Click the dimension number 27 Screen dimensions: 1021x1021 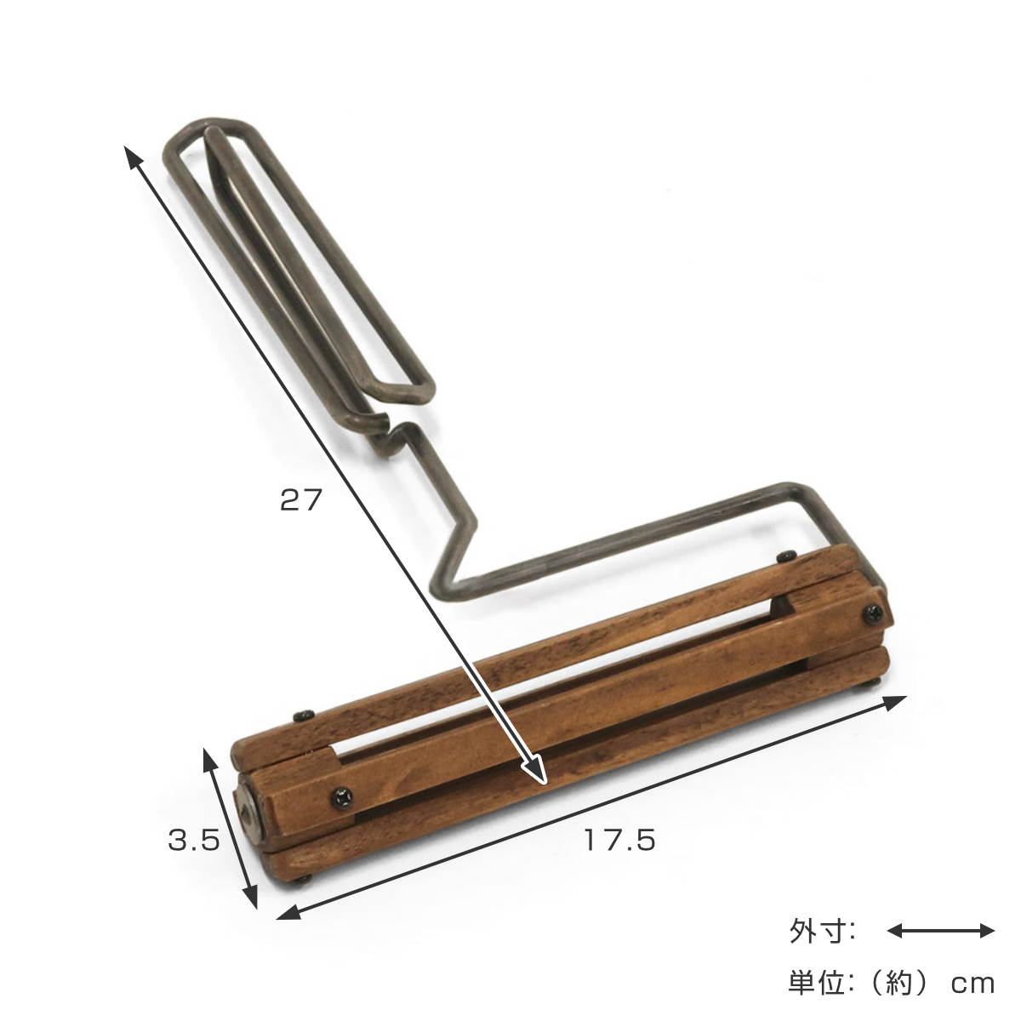[301, 499]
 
